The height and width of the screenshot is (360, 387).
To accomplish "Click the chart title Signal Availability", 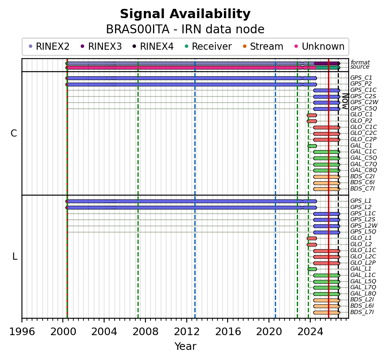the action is point(185,14).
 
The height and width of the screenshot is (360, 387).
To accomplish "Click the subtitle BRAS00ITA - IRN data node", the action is point(185,30).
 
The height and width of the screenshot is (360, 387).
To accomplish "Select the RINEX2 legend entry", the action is point(49,46).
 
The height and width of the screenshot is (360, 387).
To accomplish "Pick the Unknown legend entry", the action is point(320,46).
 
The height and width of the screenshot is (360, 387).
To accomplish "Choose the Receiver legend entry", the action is point(209,46).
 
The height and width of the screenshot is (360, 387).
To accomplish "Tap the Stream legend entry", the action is point(263,46).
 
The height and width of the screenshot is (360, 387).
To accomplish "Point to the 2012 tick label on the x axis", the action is point(187,332).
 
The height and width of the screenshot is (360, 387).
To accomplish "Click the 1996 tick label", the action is point(22,332).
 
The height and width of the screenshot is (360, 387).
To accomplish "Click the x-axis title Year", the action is point(185,347).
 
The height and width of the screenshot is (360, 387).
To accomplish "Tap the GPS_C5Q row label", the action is point(363,108).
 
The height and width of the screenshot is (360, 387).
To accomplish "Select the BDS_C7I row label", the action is point(362,188).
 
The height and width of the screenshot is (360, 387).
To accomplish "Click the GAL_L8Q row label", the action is point(363,293).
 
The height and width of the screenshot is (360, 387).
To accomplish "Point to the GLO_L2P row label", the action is point(363,263).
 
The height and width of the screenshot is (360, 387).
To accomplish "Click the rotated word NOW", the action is point(345,101).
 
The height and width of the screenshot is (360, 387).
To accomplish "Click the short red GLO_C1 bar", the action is point(312,115).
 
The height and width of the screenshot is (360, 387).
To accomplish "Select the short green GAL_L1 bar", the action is point(312,269).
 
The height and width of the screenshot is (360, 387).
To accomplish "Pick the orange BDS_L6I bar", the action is point(327,306).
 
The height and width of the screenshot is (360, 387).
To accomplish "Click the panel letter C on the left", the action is point(14,133).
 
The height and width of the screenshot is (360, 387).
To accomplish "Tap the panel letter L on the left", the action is point(15,257).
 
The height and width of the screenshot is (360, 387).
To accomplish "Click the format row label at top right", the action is point(360,62).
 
